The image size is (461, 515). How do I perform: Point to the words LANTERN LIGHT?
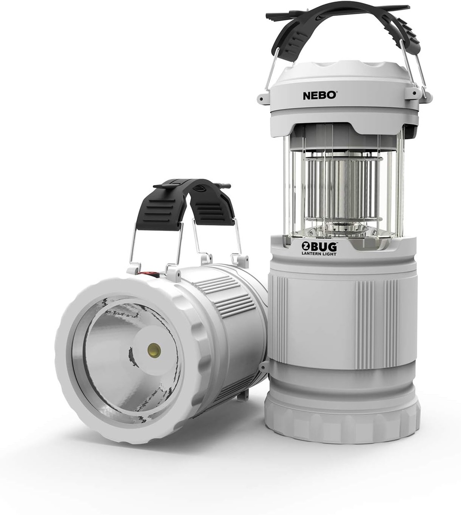pos(319,254)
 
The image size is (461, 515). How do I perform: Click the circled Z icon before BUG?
pos(305,246)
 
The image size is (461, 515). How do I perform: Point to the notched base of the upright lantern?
pos(342,422)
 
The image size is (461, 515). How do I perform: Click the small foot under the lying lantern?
pos(245,395)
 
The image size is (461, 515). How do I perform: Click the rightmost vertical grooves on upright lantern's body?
pos(391,322)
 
